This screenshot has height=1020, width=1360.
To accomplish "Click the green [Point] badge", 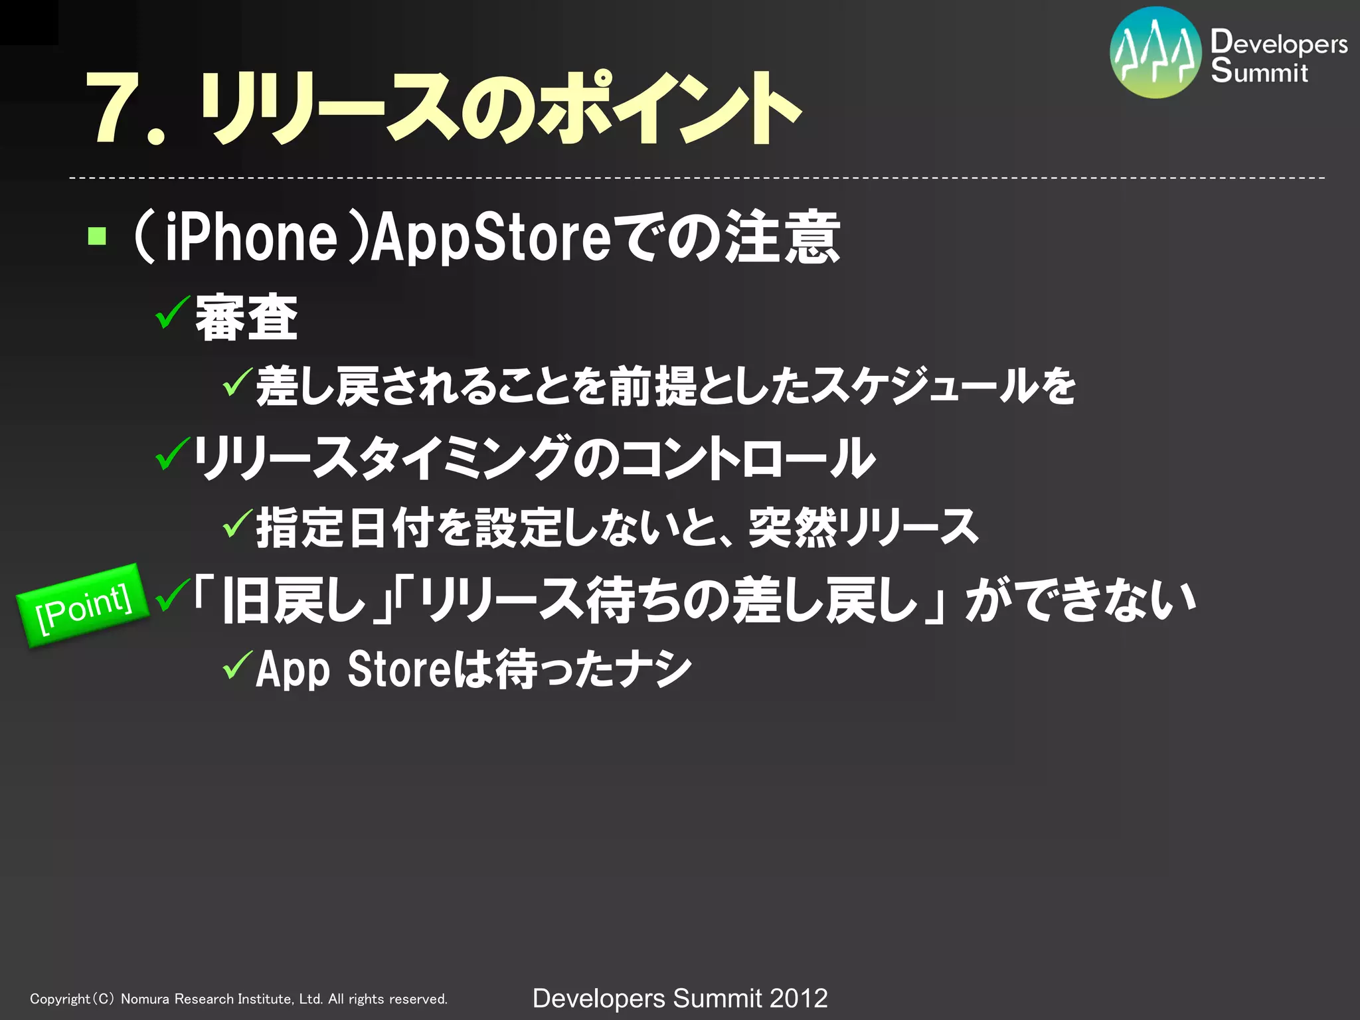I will coord(83,606).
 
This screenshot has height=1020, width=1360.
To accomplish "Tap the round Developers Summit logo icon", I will coord(1155,53).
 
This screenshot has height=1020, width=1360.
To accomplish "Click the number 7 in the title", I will coord(113,108).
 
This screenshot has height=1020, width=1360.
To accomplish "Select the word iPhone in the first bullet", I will coord(251,237).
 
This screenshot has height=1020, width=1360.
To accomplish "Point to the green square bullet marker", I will coord(97,236).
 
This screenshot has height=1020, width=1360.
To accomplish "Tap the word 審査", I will coord(246,318).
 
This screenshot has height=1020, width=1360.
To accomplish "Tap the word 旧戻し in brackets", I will coord(294,600).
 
